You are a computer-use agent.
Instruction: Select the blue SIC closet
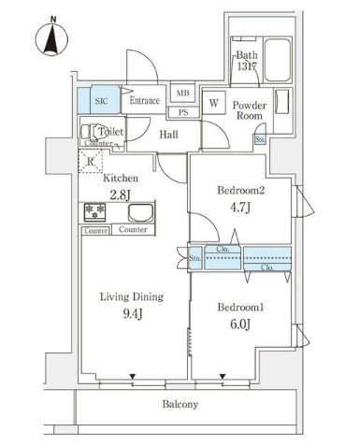click(103, 98)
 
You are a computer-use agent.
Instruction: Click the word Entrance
click(145, 101)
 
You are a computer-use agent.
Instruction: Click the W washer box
click(214, 103)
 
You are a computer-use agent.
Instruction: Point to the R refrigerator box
click(90, 162)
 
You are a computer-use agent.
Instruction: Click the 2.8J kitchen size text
click(122, 194)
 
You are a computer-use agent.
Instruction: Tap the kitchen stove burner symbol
click(94, 210)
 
